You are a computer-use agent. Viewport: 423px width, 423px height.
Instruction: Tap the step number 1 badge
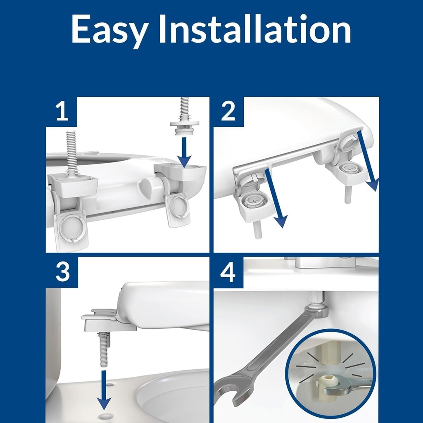click(62, 112)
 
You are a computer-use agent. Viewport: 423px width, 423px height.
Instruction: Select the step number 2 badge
click(228, 112)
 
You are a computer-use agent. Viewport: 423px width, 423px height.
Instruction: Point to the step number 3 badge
click(62, 272)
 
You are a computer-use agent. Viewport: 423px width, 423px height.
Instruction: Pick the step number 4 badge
click(228, 272)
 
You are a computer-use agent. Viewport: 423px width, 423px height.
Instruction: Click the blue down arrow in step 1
click(185, 152)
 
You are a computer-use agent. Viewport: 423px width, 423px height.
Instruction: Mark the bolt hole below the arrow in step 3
click(105, 416)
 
